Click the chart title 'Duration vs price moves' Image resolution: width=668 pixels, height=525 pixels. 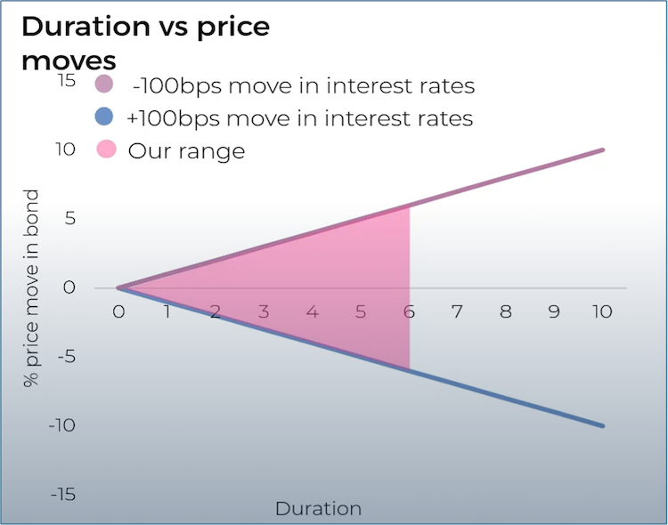coord(144,42)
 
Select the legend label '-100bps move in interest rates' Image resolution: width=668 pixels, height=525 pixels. coord(303,86)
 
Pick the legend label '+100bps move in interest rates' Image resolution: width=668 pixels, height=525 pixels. coord(301,118)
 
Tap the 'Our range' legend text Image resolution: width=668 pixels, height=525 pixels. coord(186,150)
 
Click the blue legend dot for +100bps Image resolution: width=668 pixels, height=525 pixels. coord(105,117)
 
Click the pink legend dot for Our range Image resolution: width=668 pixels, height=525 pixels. coord(105,149)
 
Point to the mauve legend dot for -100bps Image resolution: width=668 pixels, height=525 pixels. coord(105,85)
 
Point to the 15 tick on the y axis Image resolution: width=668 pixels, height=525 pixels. coord(68,80)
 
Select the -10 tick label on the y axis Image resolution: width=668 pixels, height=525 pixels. coord(62,425)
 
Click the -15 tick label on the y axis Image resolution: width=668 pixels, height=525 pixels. coord(62,495)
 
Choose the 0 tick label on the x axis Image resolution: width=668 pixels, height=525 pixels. coord(118,312)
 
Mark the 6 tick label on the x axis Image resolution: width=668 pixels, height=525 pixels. coord(409,312)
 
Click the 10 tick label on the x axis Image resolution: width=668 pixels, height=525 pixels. coord(603,312)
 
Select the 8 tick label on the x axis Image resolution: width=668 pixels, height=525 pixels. coord(506,312)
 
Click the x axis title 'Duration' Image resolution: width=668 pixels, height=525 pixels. coord(318,509)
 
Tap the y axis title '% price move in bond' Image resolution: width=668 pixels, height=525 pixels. coord(32,287)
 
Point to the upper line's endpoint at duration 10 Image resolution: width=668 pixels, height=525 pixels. coord(603,149)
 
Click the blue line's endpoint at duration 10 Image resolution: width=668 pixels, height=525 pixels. coord(603,426)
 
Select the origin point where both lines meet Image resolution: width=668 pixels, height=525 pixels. coord(118,287)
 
